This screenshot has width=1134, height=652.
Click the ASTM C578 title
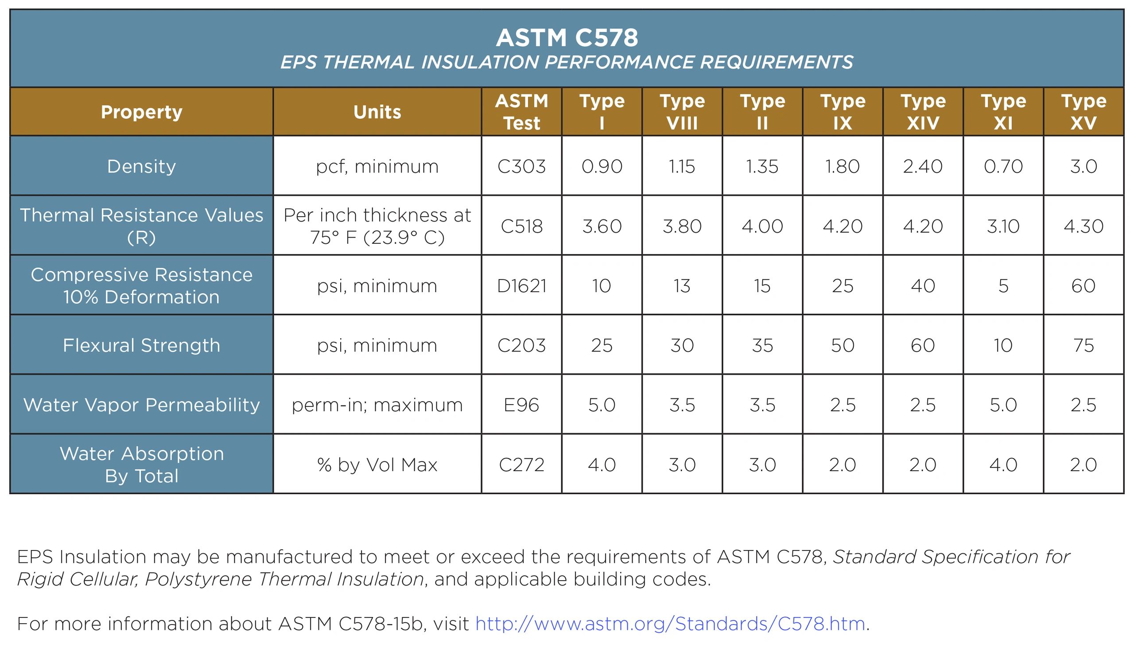(567, 38)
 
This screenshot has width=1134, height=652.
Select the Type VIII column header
(682, 112)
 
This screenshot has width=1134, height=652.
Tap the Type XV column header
(1084, 112)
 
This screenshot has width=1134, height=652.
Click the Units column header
(377, 112)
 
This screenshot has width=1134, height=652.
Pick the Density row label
(141, 167)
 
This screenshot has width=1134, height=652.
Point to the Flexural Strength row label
(141, 345)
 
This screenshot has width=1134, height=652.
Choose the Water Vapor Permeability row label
(141, 405)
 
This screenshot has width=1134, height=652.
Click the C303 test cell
(521, 167)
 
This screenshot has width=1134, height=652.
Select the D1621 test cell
(521, 286)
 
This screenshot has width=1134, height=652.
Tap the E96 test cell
(521, 405)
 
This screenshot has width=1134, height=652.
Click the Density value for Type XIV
(923, 167)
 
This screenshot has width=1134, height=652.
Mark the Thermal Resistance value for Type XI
(1003, 226)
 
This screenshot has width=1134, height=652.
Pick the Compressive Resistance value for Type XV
(1084, 286)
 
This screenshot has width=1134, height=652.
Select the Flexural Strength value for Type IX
(843, 345)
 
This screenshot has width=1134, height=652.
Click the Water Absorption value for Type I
(602, 465)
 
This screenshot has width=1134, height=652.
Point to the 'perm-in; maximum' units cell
(377, 405)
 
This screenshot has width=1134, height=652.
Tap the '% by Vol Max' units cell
(377, 465)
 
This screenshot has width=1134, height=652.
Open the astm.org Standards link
(670, 624)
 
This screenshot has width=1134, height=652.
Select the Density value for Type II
(762, 167)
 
